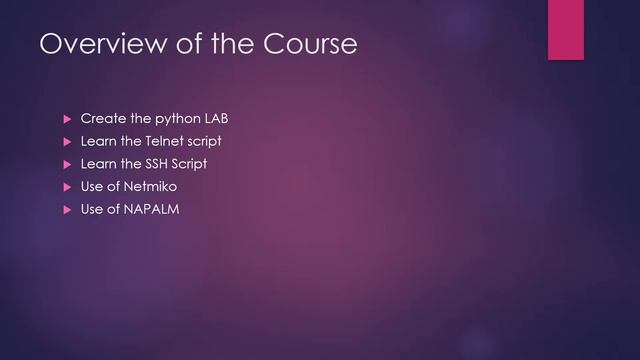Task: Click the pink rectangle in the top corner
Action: [x=565, y=29]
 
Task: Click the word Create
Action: [x=103, y=119]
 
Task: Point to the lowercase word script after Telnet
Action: [x=204, y=142]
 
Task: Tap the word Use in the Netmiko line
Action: [x=92, y=187]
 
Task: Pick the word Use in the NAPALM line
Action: [x=92, y=209]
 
